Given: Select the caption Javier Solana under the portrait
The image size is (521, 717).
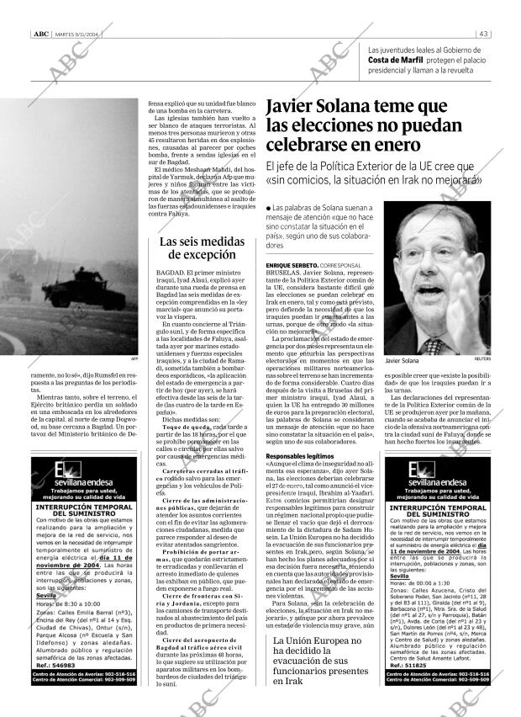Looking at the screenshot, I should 405,361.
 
